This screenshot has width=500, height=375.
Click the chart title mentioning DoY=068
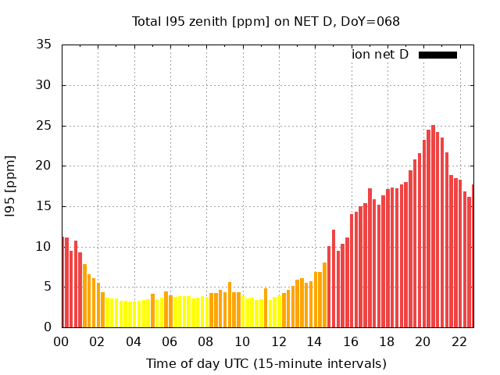click(x=266, y=21)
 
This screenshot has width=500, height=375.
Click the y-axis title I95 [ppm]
click(x=11, y=185)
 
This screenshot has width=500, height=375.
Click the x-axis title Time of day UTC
click(x=266, y=363)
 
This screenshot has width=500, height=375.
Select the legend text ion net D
click(x=380, y=55)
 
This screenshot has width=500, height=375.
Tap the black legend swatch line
click(x=437, y=55)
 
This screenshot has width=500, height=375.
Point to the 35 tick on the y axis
click(x=45, y=45)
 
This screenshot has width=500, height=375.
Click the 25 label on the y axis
click(x=45, y=126)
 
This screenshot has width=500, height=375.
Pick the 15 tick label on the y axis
click(x=45, y=206)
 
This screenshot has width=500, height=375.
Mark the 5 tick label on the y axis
click(x=48, y=287)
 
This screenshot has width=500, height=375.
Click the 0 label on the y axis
click(x=48, y=327)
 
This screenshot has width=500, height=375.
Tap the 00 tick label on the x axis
click(x=62, y=341)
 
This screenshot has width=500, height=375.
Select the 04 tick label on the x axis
click(x=134, y=341)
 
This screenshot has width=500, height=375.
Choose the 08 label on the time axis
click(x=206, y=341)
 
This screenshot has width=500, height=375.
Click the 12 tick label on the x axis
click(x=278, y=341)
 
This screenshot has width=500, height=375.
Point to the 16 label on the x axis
click(x=351, y=341)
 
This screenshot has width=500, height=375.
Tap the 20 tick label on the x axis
click(x=423, y=341)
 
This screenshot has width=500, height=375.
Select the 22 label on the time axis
click(x=459, y=341)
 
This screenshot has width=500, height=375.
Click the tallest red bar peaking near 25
click(x=433, y=227)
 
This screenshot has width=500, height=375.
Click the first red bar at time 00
click(x=63, y=282)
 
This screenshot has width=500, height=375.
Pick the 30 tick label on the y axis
click(x=45, y=85)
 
